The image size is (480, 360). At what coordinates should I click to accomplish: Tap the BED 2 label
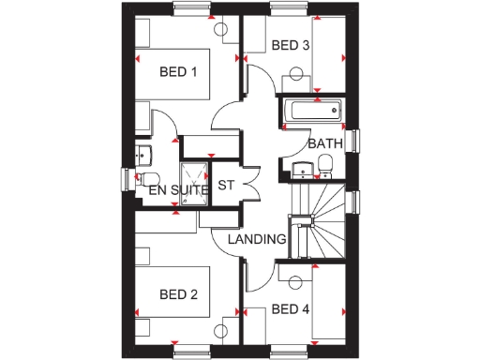[178, 294]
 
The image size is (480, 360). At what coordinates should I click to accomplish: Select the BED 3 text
[290, 45]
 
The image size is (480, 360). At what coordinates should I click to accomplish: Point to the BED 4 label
[290, 309]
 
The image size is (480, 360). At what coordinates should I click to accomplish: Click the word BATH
[324, 143]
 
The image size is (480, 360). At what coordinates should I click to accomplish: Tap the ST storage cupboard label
[226, 185]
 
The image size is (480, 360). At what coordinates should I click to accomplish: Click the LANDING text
[257, 239]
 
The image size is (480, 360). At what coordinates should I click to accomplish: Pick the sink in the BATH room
[301, 168]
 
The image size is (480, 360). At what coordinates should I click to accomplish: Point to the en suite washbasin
[142, 154]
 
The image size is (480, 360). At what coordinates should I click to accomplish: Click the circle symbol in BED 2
[222, 330]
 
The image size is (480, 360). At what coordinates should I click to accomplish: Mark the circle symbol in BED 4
[297, 281]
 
